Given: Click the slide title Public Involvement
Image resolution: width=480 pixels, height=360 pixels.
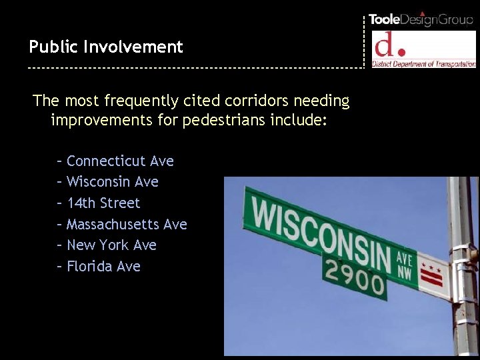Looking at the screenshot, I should coord(105,47).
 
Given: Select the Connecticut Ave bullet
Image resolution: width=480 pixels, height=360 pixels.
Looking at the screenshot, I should coord(120,161).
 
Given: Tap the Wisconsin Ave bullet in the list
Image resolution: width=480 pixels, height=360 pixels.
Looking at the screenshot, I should coord(113,181).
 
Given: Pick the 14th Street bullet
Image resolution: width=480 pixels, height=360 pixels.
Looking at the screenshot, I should coord(103,203).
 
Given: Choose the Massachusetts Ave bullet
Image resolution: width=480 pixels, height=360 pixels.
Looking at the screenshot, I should coord(127,224).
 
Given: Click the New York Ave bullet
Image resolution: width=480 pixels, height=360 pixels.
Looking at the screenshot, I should coord(111,245).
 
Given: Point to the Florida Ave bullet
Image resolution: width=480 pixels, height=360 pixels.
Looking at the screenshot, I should coord(103,266).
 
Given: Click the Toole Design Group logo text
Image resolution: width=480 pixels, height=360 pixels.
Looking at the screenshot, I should coord(421,19).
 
